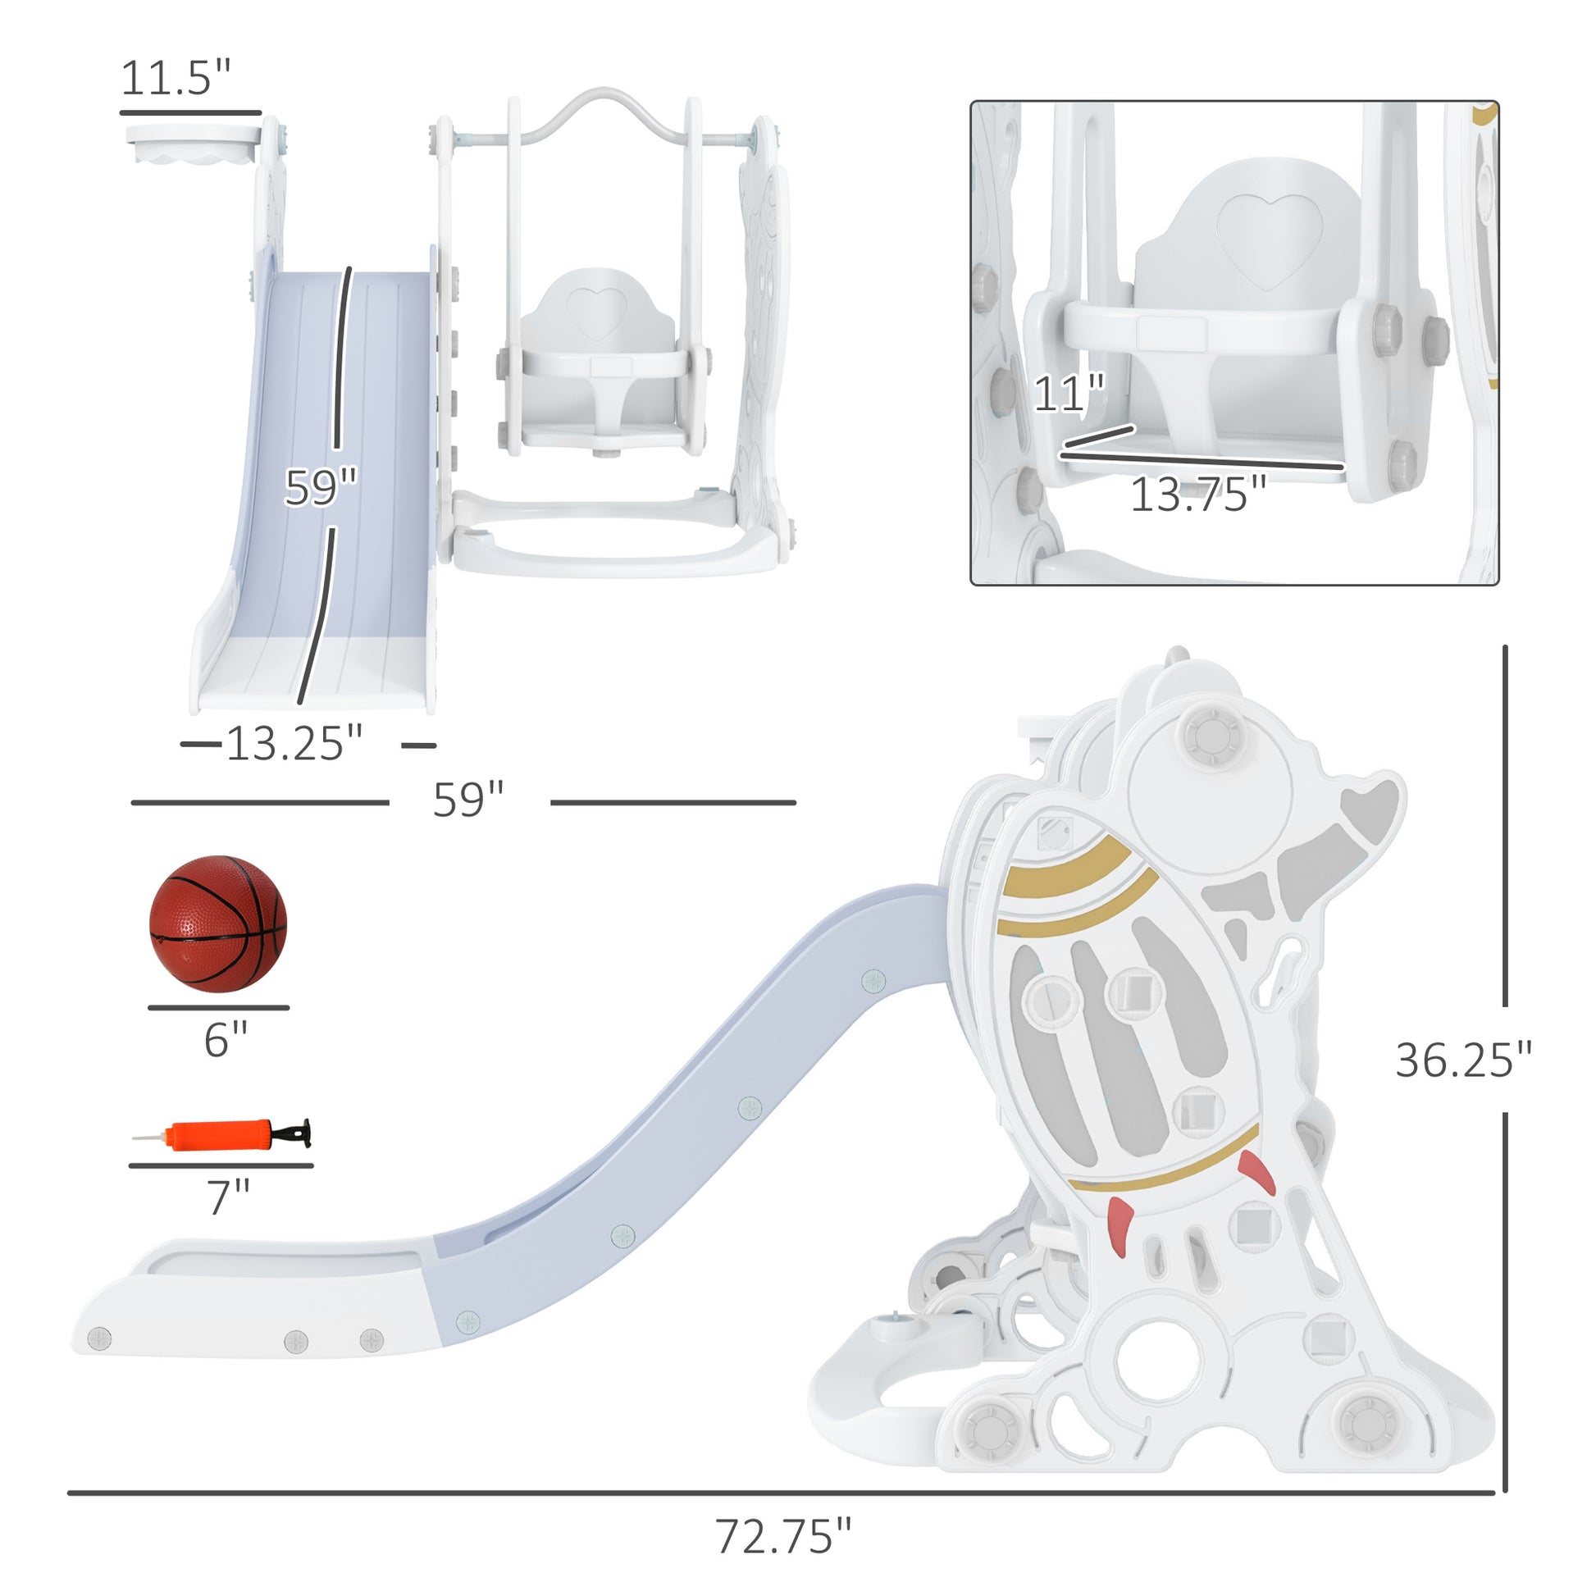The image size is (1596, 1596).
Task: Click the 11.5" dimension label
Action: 176,79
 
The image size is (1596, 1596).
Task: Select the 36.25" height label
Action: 1463,1060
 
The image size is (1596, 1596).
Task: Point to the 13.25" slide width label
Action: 294,744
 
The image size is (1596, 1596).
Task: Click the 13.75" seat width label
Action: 1197,495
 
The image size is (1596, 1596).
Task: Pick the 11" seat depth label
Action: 1068,393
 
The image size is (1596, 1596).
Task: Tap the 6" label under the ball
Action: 226,1039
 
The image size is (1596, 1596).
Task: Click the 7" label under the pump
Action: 228,1197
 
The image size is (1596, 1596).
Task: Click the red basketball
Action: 218,923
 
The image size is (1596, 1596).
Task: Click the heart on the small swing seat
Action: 595,312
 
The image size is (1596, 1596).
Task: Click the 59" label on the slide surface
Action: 321,487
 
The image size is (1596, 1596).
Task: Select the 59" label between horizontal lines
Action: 467,800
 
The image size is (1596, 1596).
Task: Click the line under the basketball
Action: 218,1008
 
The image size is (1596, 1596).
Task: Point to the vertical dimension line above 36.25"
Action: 1505,826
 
